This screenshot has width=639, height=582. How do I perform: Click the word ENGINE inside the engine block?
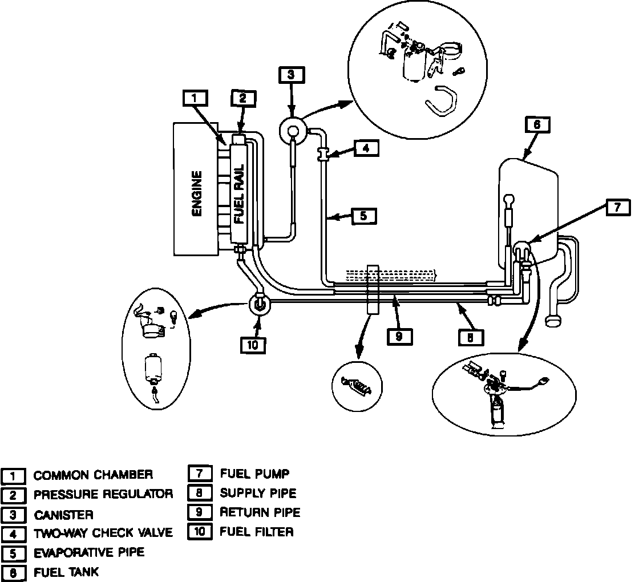click(x=197, y=193)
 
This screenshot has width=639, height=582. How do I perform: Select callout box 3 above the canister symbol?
click(x=292, y=75)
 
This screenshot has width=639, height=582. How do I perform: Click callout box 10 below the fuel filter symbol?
click(x=253, y=345)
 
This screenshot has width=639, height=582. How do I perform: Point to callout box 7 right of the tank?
click(x=617, y=208)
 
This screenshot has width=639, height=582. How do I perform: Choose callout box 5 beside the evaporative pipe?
click(x=363, y=216)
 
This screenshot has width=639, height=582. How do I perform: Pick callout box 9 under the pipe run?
click(x=399, y=336)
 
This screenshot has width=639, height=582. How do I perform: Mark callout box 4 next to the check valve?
click(x=366, y=148)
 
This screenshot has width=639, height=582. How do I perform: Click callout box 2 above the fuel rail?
click(x=244, y=99)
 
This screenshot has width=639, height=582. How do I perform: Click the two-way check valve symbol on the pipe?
click(x=323, y=155)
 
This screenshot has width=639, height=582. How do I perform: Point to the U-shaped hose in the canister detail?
click(x=440, y=100)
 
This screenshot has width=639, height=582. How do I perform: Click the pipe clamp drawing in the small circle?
click(x=356, y=386)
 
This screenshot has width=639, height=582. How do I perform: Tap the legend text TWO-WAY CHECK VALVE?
click(x=103, y=533)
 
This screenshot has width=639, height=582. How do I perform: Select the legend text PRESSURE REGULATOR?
click(x=103, y=495)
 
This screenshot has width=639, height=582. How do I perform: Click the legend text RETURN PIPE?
click(x=260, y=512)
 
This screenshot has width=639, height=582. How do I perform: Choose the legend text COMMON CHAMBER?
click(x=94, y=475)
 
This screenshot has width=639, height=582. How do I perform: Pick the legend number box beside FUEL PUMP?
click(x=200, y=474)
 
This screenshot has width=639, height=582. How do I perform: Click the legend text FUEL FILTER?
click(x=257, y=532)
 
